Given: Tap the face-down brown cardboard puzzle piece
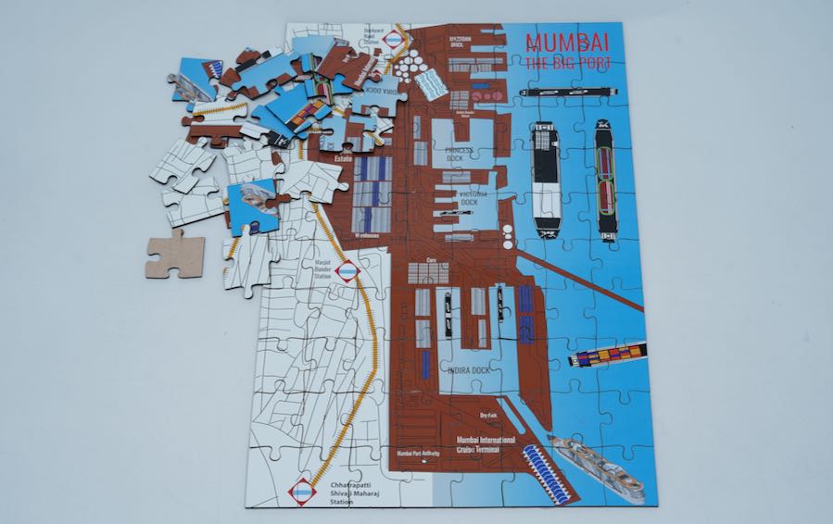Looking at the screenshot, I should click(173, 252).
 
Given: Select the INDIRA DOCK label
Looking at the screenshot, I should click(468, 370).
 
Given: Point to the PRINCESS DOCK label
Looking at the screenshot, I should click(458, 150).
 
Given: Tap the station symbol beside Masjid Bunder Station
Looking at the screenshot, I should click(347, 271).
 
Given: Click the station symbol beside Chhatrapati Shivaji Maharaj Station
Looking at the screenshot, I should click(302, 493).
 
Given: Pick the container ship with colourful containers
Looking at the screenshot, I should click(607, 356).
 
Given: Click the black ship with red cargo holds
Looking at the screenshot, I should click(606, 183).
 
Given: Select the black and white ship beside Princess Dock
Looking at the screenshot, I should click(544, 180).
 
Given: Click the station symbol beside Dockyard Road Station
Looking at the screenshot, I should click(394, 41).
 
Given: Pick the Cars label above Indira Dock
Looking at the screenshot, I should click(430, 260).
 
